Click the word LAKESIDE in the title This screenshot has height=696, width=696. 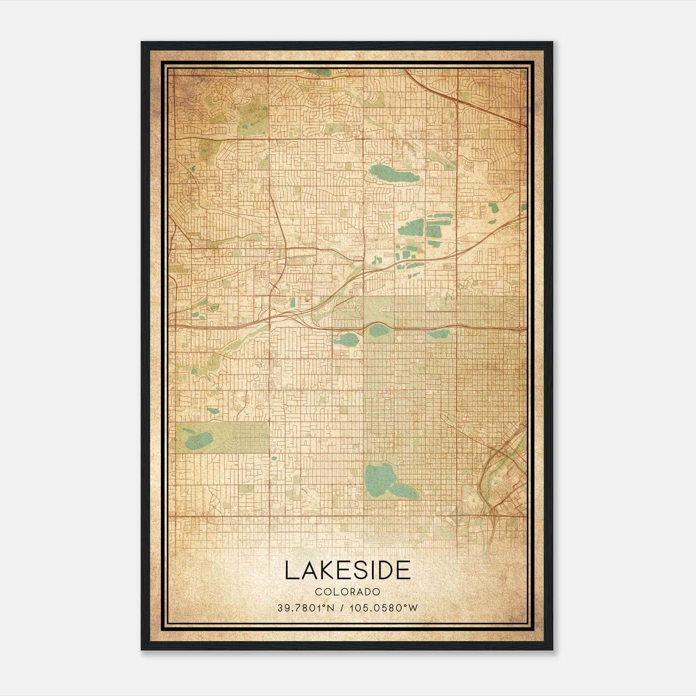coord(348,570)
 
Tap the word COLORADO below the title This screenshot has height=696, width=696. coord(348,592)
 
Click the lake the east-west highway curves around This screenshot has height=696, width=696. coord(378,331)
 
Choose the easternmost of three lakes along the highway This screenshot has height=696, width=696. coord(438,334)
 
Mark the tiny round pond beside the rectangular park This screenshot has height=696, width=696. coord(274,458)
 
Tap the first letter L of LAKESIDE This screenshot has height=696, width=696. coord(291,570)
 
